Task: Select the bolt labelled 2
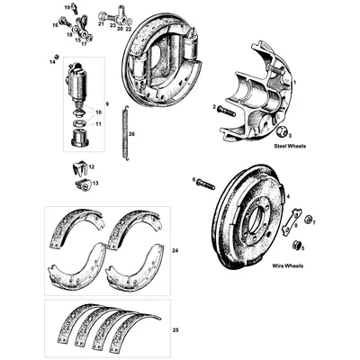[x=225, y=112]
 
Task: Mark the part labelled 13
[x=83, y=184]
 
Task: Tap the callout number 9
[x=107, y=103]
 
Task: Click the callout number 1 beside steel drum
[x=293, y=83]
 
